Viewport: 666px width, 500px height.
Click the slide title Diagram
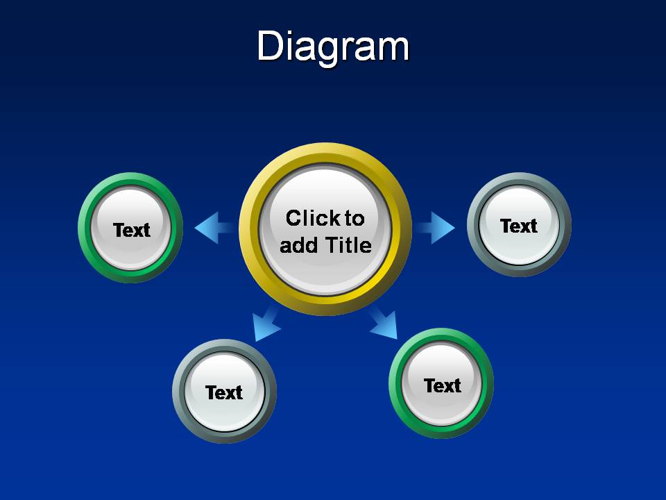333,47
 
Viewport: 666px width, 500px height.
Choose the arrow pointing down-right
385,324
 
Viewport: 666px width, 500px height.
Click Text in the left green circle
131,230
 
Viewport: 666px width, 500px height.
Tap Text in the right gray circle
519,226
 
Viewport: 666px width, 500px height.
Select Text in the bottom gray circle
224,392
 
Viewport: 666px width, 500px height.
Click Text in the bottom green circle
442,385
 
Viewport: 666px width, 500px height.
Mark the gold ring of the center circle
325,154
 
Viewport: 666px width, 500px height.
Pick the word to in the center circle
354,218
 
